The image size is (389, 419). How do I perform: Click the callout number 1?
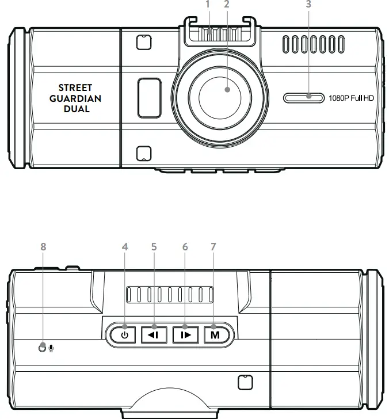click(x=209, y=5)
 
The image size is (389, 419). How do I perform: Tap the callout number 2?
click(x=227, y=5)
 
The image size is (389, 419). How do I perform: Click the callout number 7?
click(x=213, y=246)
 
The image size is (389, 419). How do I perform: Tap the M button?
click(x=214, y=334)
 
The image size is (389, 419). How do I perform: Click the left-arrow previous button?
click(x=154, y=334)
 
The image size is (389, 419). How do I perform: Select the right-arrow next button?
click(x=185, y=334)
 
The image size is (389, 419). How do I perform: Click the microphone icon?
click(x=51, y=348)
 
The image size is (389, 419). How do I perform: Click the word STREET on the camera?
click(x=75, y=88)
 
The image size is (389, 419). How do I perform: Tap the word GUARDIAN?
click(x=75, y=98)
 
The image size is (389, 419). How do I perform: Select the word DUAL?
click(x=75, y=109)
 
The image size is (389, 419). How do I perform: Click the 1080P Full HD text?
click(x=351, y=98)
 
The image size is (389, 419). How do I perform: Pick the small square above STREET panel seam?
click(x=143, y=42)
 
